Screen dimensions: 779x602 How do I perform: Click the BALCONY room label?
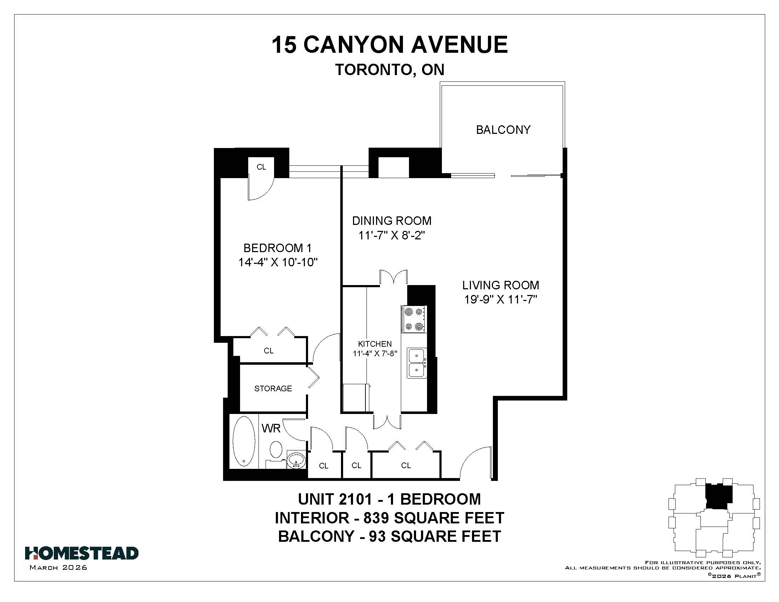503,130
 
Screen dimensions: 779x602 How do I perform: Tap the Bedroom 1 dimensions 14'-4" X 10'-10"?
278,262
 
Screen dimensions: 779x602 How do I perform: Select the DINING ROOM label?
392,221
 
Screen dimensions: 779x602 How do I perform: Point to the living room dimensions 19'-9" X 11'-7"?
500,299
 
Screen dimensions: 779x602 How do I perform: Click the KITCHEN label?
375,344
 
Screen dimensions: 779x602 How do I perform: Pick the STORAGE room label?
273,388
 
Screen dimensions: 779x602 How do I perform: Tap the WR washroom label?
271,428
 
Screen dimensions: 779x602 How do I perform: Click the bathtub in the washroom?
244,441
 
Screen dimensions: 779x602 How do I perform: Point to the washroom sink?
296,460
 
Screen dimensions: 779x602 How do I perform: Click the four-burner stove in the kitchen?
414,319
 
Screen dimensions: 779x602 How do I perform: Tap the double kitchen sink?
417,363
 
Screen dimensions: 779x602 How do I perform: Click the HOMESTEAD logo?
82,553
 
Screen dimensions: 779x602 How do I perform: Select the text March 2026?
58,567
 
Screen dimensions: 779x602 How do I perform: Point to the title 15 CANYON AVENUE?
389,45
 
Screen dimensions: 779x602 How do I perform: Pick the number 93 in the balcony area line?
377,536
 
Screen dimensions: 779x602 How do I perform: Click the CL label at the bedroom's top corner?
261,167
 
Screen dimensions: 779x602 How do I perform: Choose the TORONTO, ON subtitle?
389,70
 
